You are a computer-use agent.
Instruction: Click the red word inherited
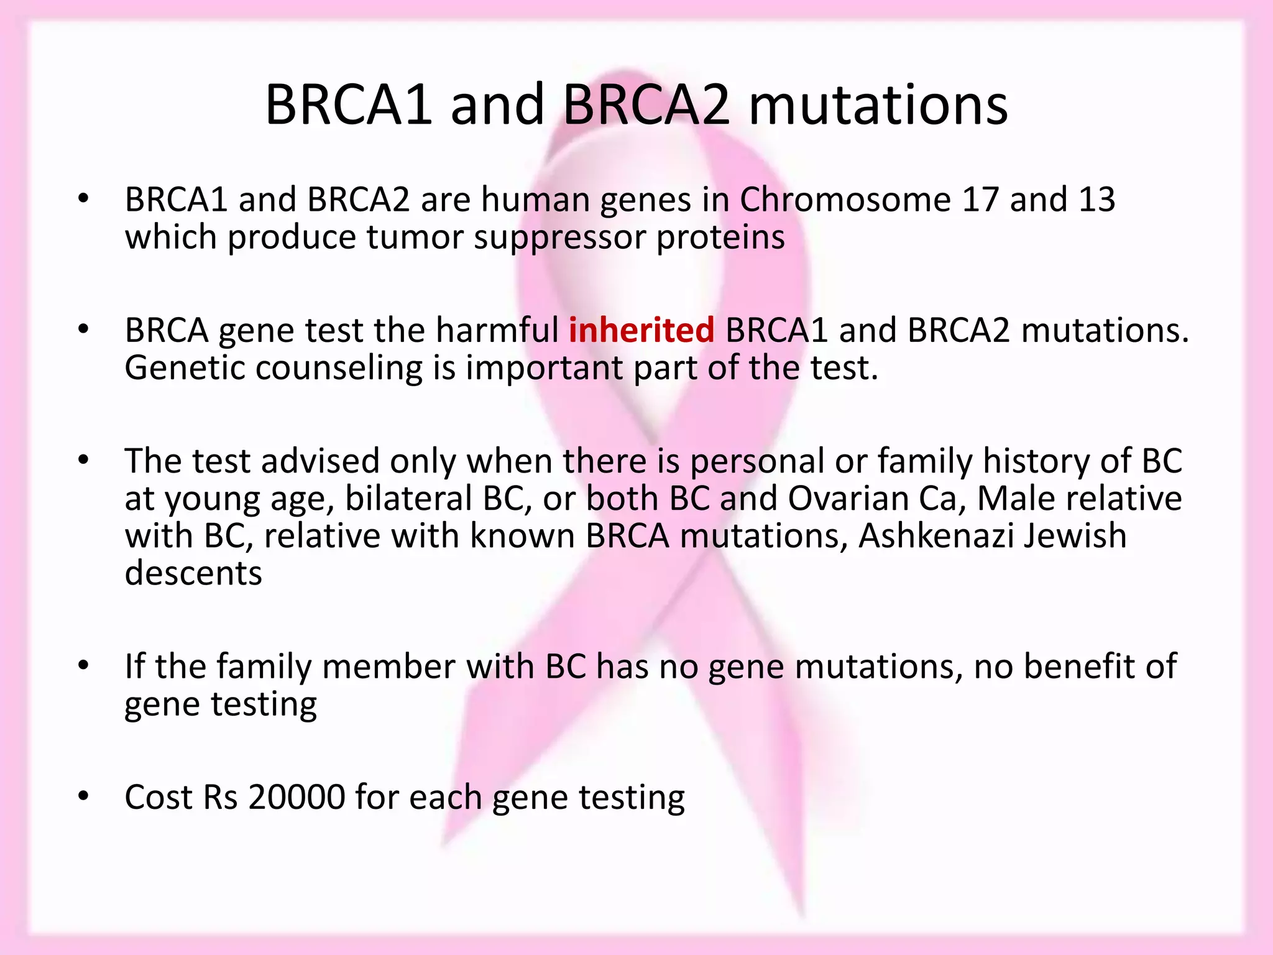pos(641,330)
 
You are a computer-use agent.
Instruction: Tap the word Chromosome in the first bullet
pos(845,200)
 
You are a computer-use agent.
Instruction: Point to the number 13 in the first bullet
pos(1097,200)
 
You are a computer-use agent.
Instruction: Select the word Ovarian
pos(848,499)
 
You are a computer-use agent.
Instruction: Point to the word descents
pos(193,573)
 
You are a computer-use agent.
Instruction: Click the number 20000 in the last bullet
pos(296,797)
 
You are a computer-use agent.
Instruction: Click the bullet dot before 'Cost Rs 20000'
pos(84,796)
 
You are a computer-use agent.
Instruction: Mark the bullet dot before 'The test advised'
pos(84,461)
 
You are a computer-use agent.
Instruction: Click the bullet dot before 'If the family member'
pos(84,666)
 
